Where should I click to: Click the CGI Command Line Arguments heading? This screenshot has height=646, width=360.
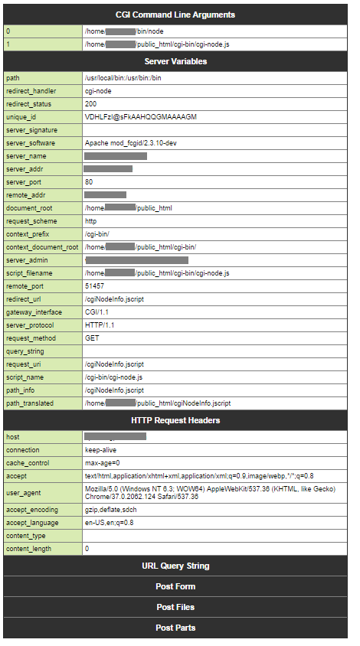click(x=175, y=15)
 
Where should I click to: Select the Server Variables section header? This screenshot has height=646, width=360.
click(x=175, y=61)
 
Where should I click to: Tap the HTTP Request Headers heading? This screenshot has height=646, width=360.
click(x=175, y=420)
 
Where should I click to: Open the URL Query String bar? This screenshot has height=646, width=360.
click(x=175, y=566)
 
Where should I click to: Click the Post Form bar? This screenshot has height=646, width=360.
click(x=175, y=586)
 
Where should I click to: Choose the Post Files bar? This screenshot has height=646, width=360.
click(x=175, y=607)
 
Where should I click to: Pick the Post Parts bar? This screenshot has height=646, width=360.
click(x=175, y=628)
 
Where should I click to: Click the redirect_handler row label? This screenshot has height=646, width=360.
click(x=32, y=91)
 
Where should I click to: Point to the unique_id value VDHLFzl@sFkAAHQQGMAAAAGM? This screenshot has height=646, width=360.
click(x=141, y=117)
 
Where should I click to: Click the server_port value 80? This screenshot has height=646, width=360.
click(x=90, y=182)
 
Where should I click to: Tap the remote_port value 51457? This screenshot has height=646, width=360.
click(x=95, y=285)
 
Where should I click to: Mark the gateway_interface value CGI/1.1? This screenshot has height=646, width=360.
click(x=97, y=312)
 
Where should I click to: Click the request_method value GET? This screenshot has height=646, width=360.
click(x=93, y=338)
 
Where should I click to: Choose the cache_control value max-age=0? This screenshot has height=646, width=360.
click(x=103, y=463)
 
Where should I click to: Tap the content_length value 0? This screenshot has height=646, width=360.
click(x=87, y=548)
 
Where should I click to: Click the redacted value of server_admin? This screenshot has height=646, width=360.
click(x=138, y=260)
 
